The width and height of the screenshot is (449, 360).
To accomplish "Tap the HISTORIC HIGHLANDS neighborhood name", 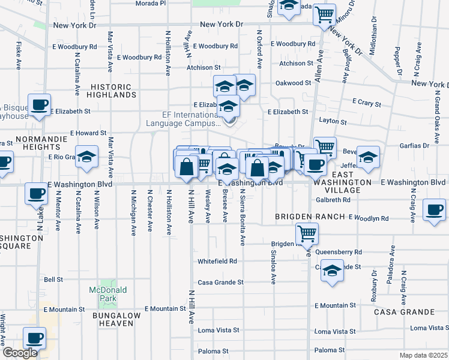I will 112,91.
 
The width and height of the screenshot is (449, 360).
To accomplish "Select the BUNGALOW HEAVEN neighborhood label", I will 116,319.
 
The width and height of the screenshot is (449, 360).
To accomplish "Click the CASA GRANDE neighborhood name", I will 404,312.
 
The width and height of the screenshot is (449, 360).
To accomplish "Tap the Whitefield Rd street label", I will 217,262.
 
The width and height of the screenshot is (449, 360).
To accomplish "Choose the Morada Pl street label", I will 150,3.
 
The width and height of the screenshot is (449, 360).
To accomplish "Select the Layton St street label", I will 334,121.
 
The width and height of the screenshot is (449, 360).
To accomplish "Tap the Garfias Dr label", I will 414,145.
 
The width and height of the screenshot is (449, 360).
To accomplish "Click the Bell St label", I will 53,280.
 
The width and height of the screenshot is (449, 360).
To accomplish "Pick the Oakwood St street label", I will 293,83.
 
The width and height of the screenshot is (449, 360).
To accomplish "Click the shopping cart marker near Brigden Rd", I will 307,233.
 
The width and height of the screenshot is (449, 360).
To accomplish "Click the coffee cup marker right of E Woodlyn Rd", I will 434,210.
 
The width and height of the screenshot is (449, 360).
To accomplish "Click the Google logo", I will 20,353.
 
